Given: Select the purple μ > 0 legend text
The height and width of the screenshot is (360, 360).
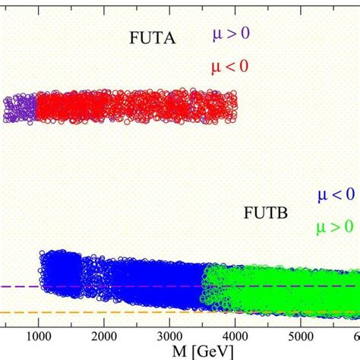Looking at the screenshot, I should click(x=231, y=35).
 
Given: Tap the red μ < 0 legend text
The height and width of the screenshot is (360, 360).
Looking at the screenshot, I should click(x=231, y=67).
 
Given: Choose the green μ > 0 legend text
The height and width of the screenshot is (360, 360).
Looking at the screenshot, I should click(x=334, y=227).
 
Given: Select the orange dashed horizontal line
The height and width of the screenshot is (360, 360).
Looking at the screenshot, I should click(x=19, y=312).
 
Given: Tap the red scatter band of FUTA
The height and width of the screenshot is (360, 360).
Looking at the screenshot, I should click(x=137, y=107).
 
